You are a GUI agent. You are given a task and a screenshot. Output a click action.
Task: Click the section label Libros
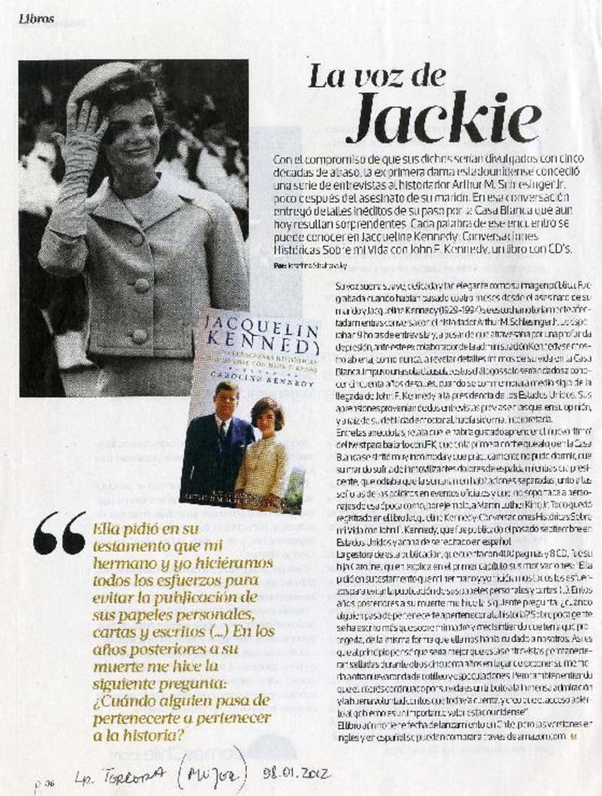point(37,20)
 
